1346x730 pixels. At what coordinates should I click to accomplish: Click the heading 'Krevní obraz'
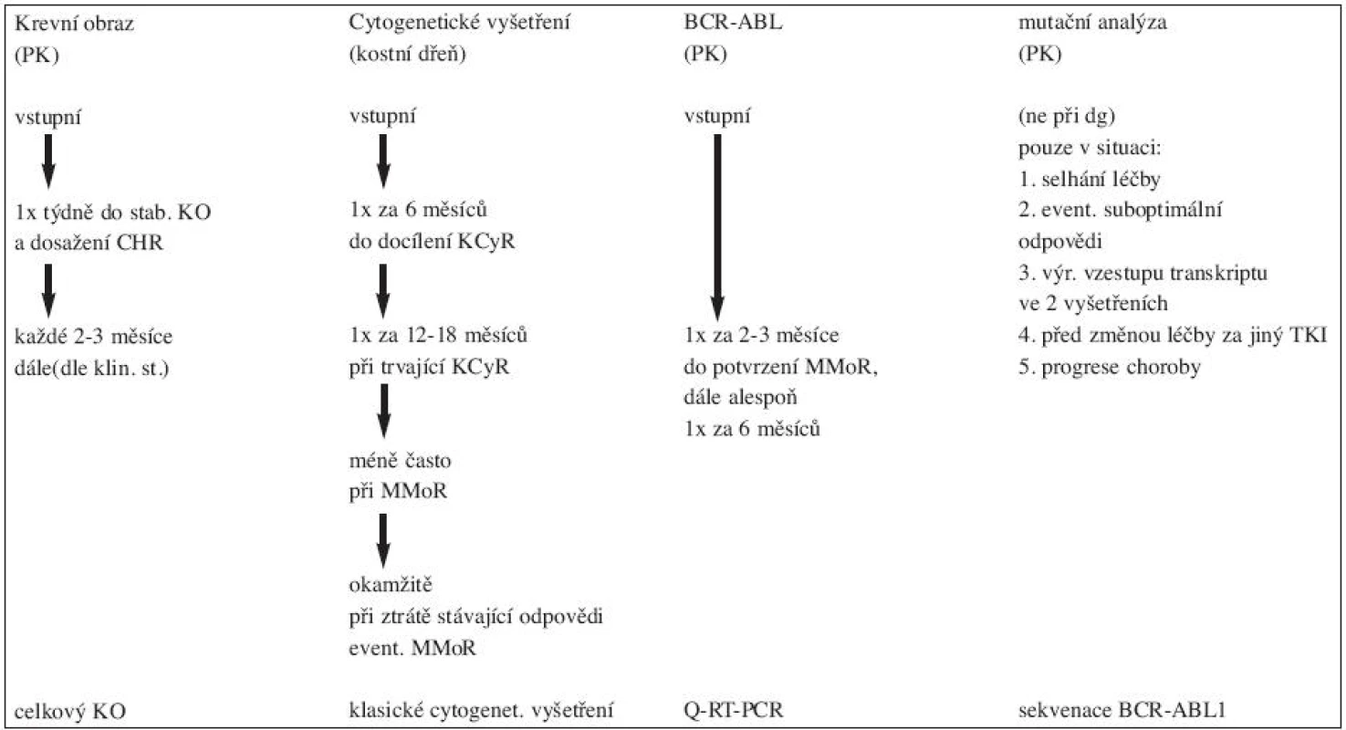[x=74, y=24]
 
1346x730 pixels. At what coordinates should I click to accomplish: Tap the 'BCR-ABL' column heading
[x=733, y=23]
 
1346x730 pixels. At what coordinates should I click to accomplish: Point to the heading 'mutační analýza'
[x=1092, y=23]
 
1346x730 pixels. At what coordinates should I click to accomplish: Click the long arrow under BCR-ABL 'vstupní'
[x=717, y=228]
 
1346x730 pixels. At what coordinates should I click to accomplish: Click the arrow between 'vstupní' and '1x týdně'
[x=48, y=162]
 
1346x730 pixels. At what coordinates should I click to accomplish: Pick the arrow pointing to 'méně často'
[x=382, y=412]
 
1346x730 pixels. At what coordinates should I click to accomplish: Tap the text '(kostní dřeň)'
[x=407, y=55]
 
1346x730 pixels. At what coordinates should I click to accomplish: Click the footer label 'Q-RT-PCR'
[x=733, y=711]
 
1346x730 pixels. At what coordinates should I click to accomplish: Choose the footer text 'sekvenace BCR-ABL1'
[x=1122, y=711]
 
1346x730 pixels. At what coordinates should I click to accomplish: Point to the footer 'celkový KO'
[x=70, y=712]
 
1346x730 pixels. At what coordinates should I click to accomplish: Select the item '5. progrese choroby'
[x=1110, y=367]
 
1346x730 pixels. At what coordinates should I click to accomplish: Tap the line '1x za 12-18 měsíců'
[x=438, y=335]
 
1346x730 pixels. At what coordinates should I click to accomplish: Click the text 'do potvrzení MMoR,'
[x=780, y=367]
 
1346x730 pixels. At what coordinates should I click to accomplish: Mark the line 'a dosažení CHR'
[x=89, y=243]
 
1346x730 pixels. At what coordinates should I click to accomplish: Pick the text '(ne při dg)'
[x=1067, y=116]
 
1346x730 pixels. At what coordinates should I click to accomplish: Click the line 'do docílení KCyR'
[x=432, y=242]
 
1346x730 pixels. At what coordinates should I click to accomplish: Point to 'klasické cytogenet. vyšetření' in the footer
[x=481, y=711]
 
